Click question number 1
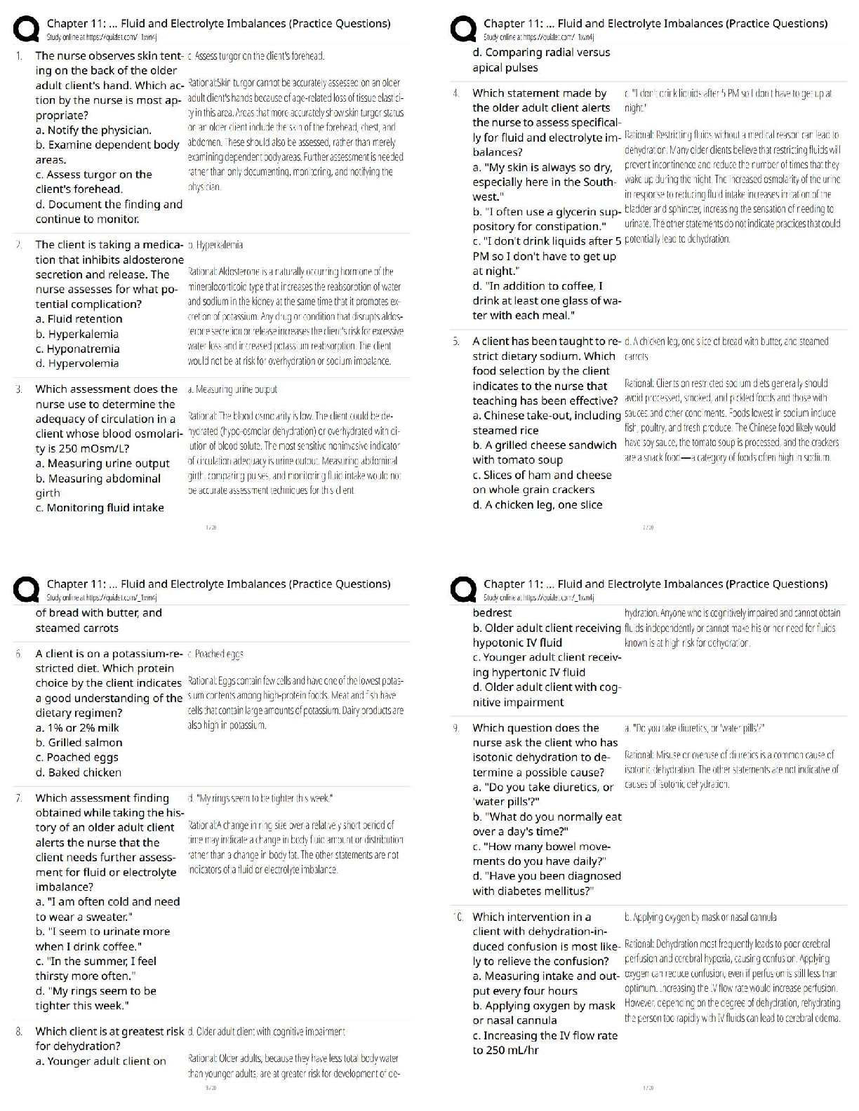tap(19, 55)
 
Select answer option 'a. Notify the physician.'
tap(93, 130)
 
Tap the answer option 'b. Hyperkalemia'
tap(77, 334)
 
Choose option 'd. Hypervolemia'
tap(77, 363)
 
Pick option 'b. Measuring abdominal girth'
tap(98, 485)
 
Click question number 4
tap(456, 93)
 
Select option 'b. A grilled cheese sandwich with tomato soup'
tap(545, 452)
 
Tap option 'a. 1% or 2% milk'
tap(77, 727)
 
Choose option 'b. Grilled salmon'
tap(79, 742)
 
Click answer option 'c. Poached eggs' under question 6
tap(77, 757)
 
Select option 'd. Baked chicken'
tap(79, 772)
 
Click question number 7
tap(19, 798)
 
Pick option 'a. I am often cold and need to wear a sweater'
tap(107, 909)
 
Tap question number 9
tap(456, 728)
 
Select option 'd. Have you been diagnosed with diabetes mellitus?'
tap(547, 883)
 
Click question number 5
tap(456, 342)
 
